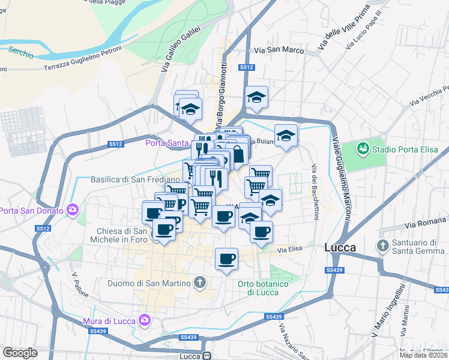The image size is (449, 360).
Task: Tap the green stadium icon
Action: click(x=363, y=148)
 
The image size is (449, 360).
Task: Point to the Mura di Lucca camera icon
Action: click(x=143, y=320)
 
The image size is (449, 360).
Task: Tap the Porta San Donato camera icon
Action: click(x=73, y=209)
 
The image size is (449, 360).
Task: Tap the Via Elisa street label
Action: click(x=288, y=250)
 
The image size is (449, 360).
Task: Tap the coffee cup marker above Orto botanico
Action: click(x=226, y=259)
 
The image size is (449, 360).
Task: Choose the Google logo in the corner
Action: click(x=20, y=353)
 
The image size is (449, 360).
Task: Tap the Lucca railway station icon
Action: click(x=206, y=356)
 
